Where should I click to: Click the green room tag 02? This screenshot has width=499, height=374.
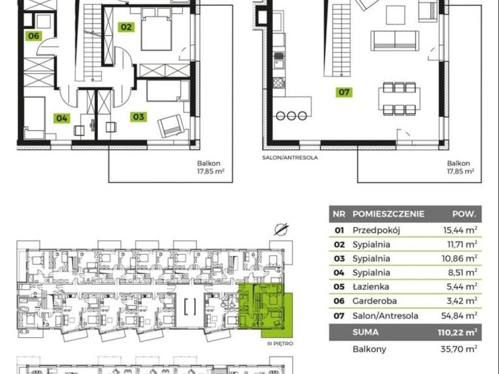click(126, 27)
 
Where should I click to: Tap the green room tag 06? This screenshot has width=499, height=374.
click(34, 36)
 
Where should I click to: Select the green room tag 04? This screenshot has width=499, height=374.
click(62, 118)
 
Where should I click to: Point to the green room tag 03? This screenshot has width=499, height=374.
click(138, 117)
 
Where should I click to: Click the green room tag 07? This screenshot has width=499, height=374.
click(344, 92)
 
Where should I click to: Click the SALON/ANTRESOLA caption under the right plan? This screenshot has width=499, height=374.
click(290, 158)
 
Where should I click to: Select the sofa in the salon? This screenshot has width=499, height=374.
click(395, 41)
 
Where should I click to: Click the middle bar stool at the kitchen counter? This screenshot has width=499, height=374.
click(291, 116)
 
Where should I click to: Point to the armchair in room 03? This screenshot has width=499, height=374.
click(171, 126)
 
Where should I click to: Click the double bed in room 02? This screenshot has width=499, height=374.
click(157, 29)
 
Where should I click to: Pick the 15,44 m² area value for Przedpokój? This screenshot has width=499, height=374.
click(460, 230)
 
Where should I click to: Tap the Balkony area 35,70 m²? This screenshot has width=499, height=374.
click(459, 349)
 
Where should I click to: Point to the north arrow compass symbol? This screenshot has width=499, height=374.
click(281, 229)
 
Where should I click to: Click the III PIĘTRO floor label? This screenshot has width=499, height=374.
click(280, 344)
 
